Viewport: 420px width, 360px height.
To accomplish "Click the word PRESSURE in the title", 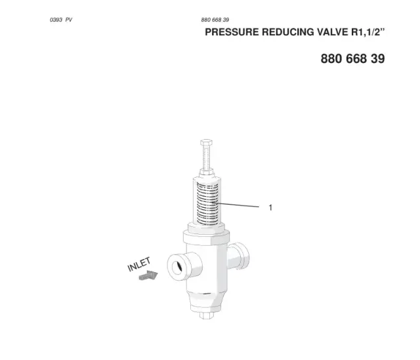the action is pyautogui.click(x=232, y=32).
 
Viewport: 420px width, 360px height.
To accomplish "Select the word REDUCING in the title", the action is pyautogui.click(x=288, y=32).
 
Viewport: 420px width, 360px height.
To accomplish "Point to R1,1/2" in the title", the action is pyautogui.click(x=368, y=32).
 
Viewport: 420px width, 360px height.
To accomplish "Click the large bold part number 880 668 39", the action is pyautogui.click(x=353, y=58).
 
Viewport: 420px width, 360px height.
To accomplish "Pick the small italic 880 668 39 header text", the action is pyautogui.click(x=215, y=20).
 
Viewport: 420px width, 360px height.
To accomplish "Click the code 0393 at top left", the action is pyautogui.click(x=56, y=20).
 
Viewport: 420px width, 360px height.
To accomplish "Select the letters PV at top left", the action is pyautogui.click(x=69, y=20).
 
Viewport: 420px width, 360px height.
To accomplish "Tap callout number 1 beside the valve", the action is pyautogui.click(x=270, y=208).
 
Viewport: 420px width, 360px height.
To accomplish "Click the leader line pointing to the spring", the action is pyautogui.click(x=236, y=205).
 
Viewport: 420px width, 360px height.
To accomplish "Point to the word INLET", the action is pyautogui.click(x=139, y=264).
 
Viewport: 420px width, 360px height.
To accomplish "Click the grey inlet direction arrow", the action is pyautogui.click(x=148, y=275).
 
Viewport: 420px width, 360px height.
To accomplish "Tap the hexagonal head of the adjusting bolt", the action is pyautogui.click(x=206, y=142).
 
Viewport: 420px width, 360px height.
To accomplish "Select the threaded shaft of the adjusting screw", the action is pyautogui.click(x=206, y=157).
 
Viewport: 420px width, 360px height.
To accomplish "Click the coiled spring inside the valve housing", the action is pyautogui.click(x=207, y=203).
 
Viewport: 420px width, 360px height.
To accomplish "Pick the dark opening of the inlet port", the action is pyautogui.click(x=177, y=267).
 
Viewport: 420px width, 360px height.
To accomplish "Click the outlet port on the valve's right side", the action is pyautogui.click(x=239, y=256).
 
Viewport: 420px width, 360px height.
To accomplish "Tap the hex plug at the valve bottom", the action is pyautogui.click(x=207, y=315).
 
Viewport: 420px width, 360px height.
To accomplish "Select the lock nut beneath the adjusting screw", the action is pyautogui.click(x=206, y=172).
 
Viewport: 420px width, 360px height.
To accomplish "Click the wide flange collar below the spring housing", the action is pyautogui.click(x=206, y=237).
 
